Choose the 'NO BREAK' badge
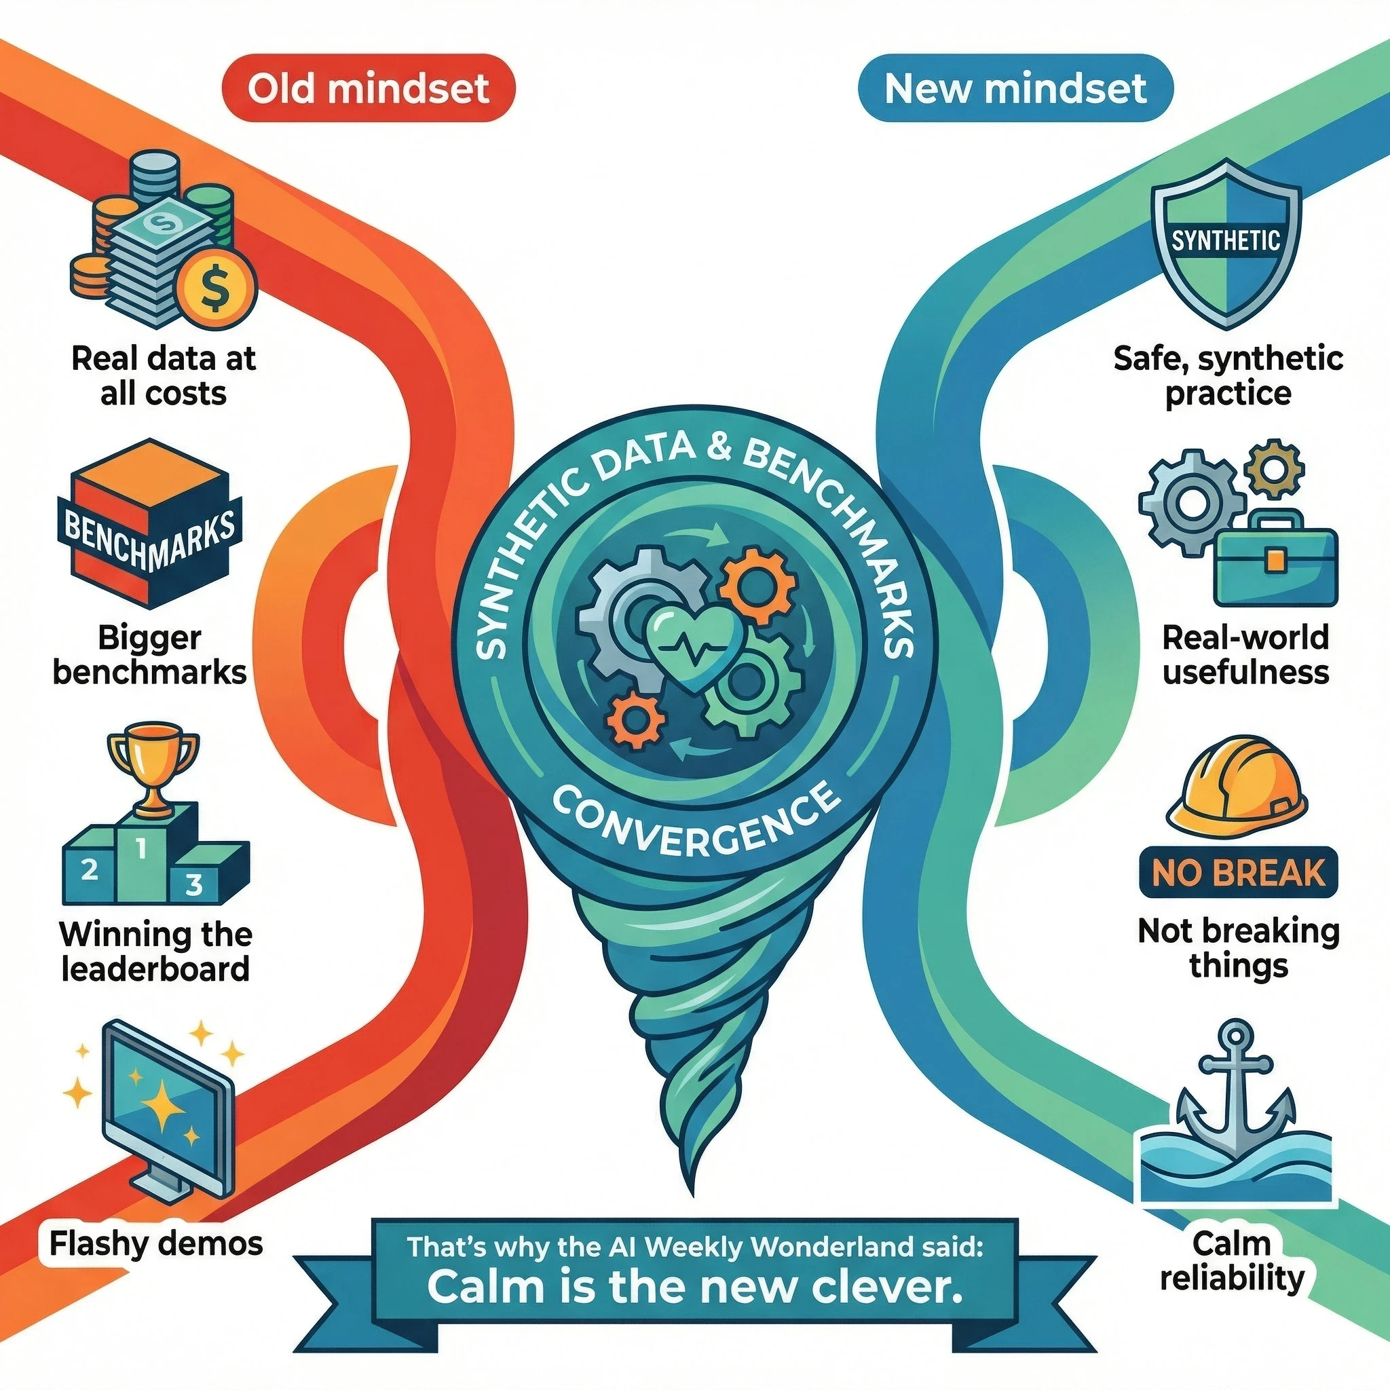(x=1237, y=873)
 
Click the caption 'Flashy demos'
(x=156, y=1243)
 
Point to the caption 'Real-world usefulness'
(x=1245, y=655)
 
